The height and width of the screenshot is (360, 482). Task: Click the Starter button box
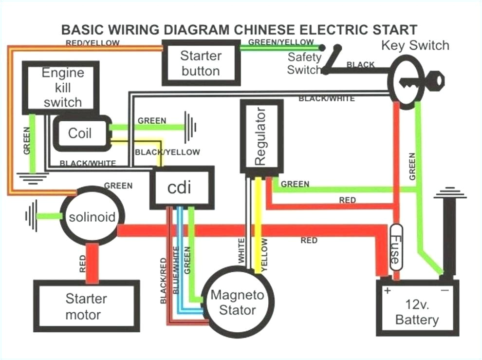click(x=201, y=63)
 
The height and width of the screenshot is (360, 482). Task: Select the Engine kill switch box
click(x=62, y=88)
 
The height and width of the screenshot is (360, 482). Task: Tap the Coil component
click(x=80, y=133)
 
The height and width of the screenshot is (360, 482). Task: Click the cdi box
click(x=182, y=188)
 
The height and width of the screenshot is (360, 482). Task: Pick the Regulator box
click(x=261, y=137)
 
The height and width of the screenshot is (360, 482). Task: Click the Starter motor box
click(x=86, y=306)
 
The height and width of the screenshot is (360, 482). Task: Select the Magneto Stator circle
click(x=237, y=302)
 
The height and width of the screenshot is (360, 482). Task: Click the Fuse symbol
click(x=396, y=247)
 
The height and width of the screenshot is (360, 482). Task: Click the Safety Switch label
click(x=304, y=63)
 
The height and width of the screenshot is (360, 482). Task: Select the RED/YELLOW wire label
click(x=93, y=43)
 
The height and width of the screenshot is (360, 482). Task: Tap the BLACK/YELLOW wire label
click(x=167, y=152)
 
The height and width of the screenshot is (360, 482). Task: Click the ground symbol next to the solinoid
click(x=32, y=216)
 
